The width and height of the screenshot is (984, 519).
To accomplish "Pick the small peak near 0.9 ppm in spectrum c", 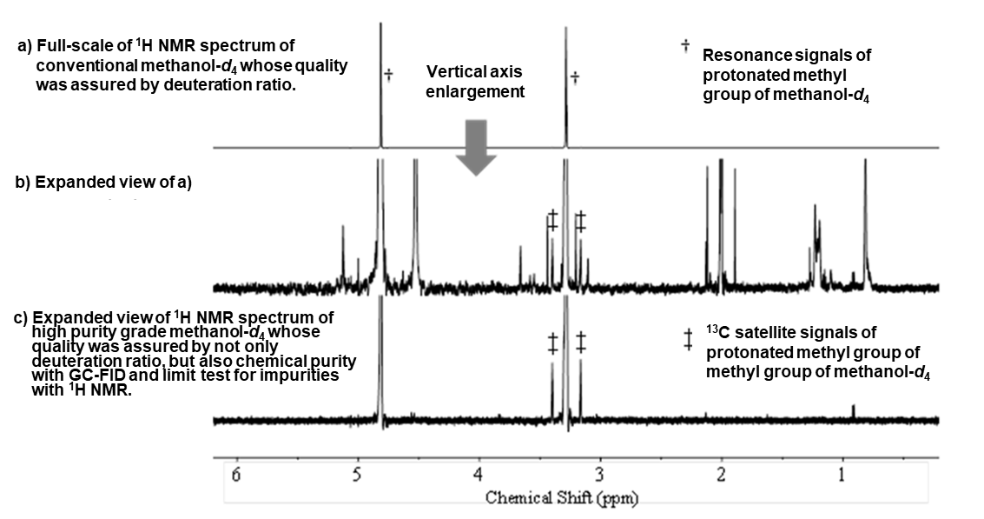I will pyautogui.click(x=853, y=409).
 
